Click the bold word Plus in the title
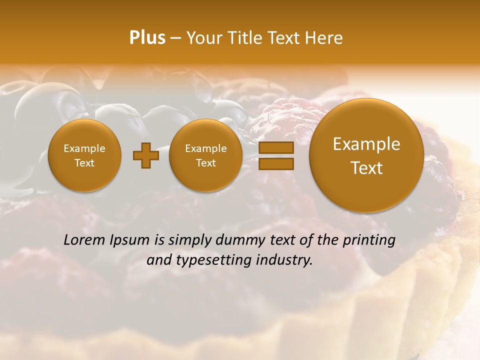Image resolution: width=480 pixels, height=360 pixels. (x=147, y=38)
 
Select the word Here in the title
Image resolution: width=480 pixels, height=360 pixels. (x=325, y=38)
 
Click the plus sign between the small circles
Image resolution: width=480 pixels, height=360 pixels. (x=145, y=156)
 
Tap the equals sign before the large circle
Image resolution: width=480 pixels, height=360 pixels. (x=275, y=155)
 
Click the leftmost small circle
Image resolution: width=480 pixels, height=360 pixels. (x=84, y=155)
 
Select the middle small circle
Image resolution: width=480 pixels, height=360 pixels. (x=205, y=155)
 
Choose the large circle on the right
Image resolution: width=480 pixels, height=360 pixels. (x=366, y=155)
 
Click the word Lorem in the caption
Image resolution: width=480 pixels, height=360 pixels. (x=84, y=240)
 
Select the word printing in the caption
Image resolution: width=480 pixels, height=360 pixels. (x=369, y=240)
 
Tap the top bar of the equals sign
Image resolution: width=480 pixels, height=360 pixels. (x=275, y=147)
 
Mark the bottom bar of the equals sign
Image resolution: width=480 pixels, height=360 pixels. (x=275, y=163)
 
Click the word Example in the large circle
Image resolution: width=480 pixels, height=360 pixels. (x=366, y=144)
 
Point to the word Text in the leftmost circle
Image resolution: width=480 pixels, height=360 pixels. (x=84, y=163)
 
